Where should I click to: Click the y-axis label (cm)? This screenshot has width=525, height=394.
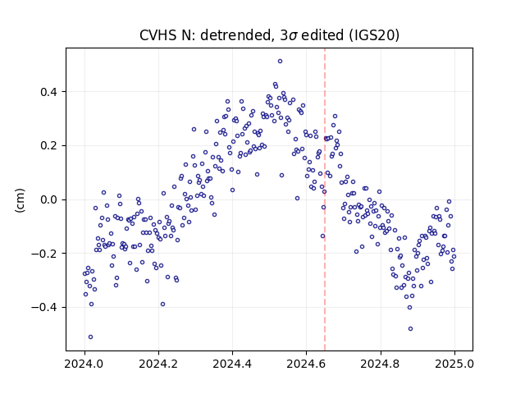click(20, 200)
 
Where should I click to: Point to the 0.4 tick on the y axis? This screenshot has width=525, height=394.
click(49, 92)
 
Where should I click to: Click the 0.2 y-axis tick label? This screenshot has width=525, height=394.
click(49, 146)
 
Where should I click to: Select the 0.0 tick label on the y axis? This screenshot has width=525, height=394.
click(49, 199)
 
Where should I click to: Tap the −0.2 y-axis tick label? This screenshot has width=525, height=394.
click(44, 254)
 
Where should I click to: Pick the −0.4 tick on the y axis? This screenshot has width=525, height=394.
click(44, 308)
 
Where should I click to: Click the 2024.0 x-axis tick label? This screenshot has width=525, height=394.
click(84, 364)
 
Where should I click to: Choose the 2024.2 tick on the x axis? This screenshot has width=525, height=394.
click(158, 364)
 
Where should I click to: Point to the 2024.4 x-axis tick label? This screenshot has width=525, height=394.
click(232, 364)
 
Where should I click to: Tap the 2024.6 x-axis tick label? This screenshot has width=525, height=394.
click(306, 364)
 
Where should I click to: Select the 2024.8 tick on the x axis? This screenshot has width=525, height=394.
click(381, 364)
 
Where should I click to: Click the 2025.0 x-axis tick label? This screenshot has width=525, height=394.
click(454, 364)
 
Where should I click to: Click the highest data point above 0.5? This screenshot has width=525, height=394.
click(280, 62)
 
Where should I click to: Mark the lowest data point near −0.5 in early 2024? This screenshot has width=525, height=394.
click(90, 337)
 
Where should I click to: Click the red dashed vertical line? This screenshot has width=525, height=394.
click(325, 199)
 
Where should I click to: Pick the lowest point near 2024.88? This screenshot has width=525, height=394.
click(410, 329)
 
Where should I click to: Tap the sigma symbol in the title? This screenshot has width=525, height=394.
click(294, 36)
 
